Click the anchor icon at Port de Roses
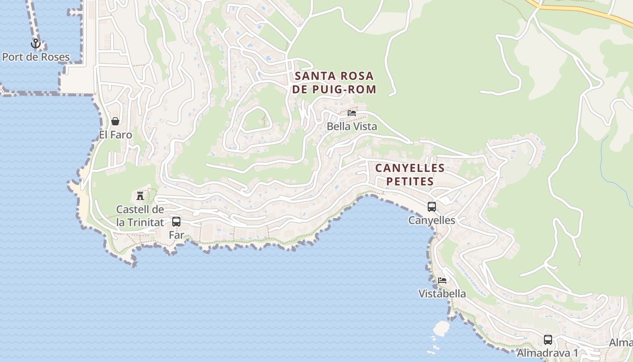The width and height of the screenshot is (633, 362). pyautogui.click(x=36, y=44)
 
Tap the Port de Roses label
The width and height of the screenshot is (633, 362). pyautogui.click(x=36, y=57)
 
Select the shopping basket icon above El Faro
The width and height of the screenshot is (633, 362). pyautogui.click(x=115, y=121)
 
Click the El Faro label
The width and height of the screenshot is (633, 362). pyautogui.click(x=116, y=135)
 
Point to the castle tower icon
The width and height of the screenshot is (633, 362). pyautogui.click(x=140, y=196)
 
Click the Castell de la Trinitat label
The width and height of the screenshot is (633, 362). pyautogui.click(x=140, y=216)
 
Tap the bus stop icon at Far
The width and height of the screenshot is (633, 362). pyautogui.click(x=176, y=222)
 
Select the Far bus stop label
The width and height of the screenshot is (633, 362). pyautogui.click(x=176, y=235)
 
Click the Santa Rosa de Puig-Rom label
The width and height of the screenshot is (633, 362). pyautogui.click(x=334, y=82)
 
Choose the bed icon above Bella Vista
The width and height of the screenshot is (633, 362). pyautogui.click(x=352, y=113)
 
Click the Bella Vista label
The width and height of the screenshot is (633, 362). pyautogui.click(x=352, y=127)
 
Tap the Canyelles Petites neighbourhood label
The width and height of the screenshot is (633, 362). pyautogui.click(x=410, y=175)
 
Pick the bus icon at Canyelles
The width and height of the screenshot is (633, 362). pyautogui.click(x=432, y=207)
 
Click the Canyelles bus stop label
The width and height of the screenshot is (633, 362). pyautogui.click(x=432, y=220)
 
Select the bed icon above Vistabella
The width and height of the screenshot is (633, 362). pyautogui.click(x=442, y=281)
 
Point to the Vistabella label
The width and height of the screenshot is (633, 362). pyautogui.click(x=442, y=294)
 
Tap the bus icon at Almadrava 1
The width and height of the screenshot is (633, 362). pyautogui.click(x=548, y=339)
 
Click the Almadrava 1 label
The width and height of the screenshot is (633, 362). pyautogui.click(x=548, y=352)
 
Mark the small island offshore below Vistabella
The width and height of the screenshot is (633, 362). pyautogui.click(x=441, y=328)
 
